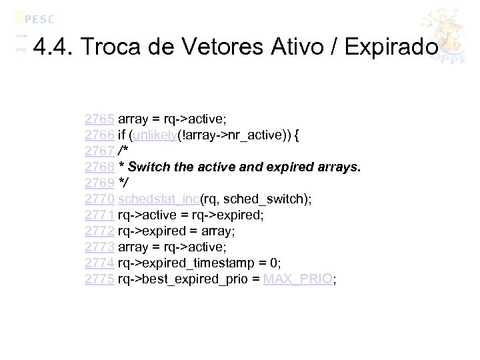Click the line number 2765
click(100, 119)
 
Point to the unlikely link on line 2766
click(153, 135)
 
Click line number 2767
click(100, 151)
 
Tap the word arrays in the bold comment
click(338, 167)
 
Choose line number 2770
click(100, 199)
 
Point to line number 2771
click(100, 215)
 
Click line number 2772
click(100, 231)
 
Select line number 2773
click(100, 247)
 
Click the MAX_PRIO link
click(297, 279)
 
